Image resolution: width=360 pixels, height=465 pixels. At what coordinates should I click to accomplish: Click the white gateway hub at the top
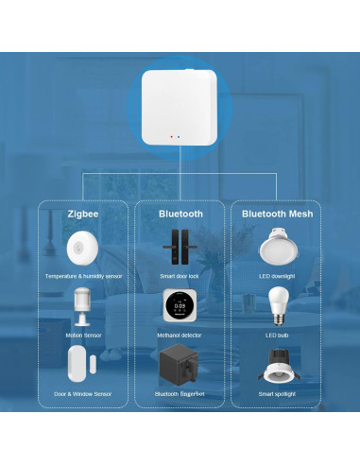tap(180, 109)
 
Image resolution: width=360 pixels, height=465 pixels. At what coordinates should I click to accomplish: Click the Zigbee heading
tap(83, 215)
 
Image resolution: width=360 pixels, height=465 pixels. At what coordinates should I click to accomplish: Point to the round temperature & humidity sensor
tap(83, 250)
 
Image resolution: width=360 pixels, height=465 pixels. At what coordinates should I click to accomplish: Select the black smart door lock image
tap(180, 249)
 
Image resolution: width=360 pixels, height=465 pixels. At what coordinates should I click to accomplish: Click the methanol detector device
tap(180, 307)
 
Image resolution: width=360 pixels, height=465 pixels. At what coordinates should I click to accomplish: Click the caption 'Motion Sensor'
tap(83, 336)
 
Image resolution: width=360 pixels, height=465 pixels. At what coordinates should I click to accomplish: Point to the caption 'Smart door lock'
tap(180, 276)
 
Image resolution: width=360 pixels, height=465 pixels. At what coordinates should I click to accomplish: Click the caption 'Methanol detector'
tap(180, 336)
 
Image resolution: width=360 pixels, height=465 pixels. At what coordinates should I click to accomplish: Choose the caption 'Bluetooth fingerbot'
tap(180, 393)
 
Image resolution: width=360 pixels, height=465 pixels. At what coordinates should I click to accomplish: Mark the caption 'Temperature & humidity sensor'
tap(83, 276)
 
